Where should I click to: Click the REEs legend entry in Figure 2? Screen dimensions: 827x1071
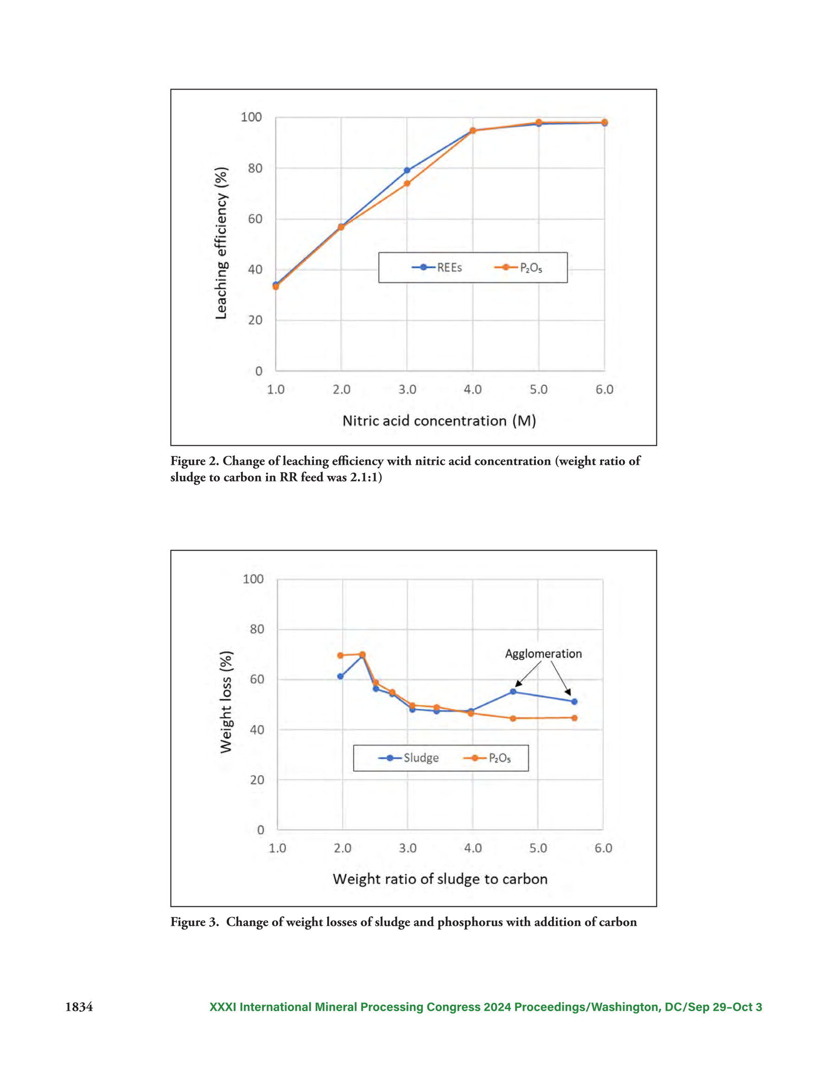pyautogui.click(x=437, y=267)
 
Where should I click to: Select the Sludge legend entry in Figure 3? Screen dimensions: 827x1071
pyautogui.click(x=408, y=757)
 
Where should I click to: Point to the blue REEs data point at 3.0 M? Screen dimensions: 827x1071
pyautogui.click(x=407, y=170)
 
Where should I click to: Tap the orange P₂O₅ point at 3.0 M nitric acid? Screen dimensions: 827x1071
pyautogui.click(x=407, y=183)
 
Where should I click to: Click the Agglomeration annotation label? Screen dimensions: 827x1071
pyautogui.click(x=543, y=654)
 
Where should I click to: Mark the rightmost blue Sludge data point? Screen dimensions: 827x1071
pyautogui.click(x=574, y=701)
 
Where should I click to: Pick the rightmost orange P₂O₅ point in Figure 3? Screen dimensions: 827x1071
pyautogui.click(x=574, y=718)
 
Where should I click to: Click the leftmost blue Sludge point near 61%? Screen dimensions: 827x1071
pyautogui.click(x=340, y=676)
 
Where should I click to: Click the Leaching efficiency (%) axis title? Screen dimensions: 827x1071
pyautogui.click(x=221, y=243)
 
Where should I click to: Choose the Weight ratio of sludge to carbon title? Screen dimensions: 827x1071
pyautogui.click(x=440, y=879)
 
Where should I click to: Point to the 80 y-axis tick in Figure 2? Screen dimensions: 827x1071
pyautogui.click(x=255, y=168)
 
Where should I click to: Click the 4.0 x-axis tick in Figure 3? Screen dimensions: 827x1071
pyautogui.click(x=472, y=848)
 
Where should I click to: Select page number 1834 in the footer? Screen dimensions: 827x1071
pyautogui.click(x=79, y=1007)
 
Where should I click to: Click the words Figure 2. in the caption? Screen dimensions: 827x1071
pyautogui.click(x=194, y=461)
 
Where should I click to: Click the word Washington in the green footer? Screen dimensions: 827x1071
pyautogui.click(x=624, y=1007)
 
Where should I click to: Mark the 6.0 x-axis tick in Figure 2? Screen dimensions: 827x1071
pyautogui.click(x=604, y=389)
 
